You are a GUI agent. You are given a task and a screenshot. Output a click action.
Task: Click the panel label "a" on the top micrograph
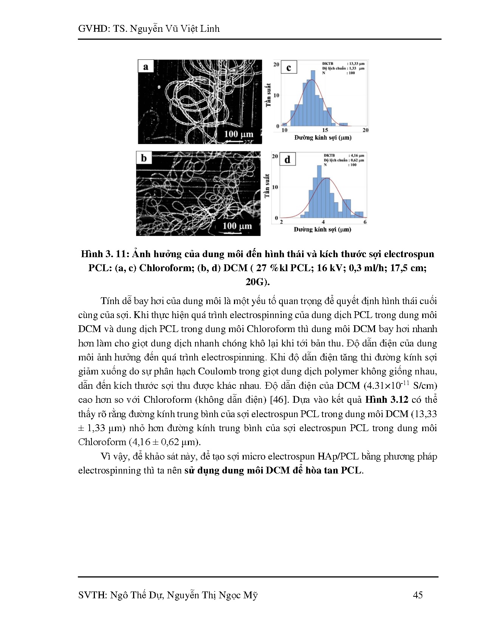click(146, 67)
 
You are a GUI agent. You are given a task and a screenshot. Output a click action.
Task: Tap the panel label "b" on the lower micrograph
click(144, 158)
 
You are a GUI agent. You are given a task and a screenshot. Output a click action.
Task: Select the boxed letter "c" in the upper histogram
click(289, 68)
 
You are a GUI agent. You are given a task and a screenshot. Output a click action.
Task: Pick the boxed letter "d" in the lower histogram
click(287, 160)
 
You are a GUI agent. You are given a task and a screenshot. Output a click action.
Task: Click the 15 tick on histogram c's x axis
click(325, 130)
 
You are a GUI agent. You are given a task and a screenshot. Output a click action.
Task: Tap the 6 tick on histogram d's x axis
click(365, 222)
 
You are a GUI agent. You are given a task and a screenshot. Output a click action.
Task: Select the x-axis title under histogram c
click(323, 138)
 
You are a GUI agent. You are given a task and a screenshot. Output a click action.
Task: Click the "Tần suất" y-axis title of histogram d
click(267, 186)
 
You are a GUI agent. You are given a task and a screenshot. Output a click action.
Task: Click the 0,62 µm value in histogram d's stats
click(357, 160)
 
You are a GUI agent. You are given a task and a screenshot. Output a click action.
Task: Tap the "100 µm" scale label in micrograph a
click(239, 134)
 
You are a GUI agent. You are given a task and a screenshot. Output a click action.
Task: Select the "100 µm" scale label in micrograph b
click(237, 226)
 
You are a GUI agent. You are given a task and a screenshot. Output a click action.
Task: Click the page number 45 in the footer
click(418, 595)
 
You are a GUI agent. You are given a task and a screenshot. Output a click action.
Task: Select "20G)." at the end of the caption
click(257, 282)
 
